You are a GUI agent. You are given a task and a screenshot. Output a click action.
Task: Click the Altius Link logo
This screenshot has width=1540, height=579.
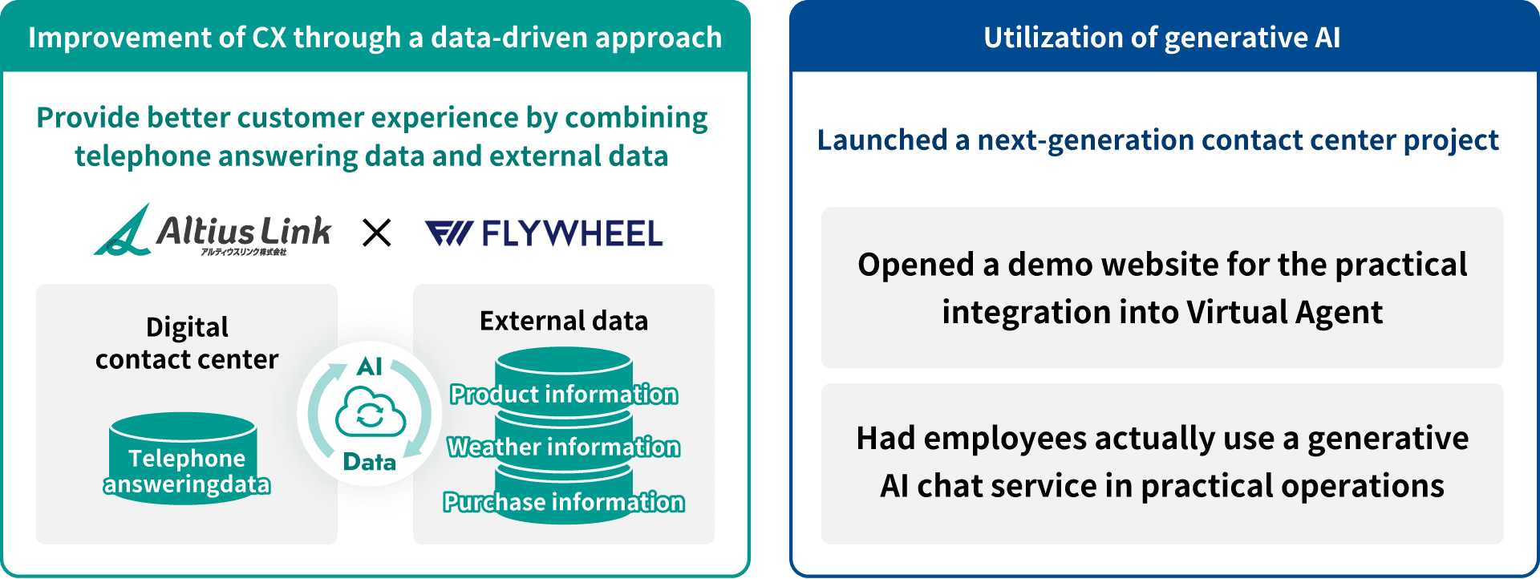tap(212, 231)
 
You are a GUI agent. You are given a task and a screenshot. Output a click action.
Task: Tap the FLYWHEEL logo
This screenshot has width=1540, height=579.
tap(544, 233)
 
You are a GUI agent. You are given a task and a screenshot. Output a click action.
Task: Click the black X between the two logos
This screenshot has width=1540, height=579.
tap(376, 233)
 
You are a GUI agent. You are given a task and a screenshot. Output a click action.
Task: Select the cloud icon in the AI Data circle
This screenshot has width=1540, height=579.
tap(370, 412)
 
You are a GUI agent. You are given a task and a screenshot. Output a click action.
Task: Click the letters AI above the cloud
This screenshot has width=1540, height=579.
tap(370, 366)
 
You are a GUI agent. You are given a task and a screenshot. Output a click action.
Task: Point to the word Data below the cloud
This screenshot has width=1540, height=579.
tap(370, 462)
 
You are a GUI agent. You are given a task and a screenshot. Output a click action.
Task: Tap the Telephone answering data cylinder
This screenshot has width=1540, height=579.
tap(184, 460)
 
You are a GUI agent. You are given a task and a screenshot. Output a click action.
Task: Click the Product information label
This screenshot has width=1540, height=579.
tap(564, 394)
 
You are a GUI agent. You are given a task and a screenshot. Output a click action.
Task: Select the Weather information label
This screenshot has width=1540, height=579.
tap(564, 447)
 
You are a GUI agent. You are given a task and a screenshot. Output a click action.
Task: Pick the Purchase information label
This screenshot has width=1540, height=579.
tap(564, 502)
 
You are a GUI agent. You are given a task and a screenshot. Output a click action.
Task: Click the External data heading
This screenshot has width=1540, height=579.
tap(564, 321)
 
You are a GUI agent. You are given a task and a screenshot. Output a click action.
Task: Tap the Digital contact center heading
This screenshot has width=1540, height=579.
tap(187, 343)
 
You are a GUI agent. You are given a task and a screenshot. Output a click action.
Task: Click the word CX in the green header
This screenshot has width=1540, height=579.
tap(269, 38)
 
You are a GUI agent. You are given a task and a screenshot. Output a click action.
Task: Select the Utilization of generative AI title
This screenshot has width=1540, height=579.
tap(1161, 38)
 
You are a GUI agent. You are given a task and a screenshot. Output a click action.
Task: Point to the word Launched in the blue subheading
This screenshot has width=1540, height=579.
tap(881, 140)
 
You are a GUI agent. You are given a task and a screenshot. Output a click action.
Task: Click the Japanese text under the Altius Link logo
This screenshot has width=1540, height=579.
tap(243, 252)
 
